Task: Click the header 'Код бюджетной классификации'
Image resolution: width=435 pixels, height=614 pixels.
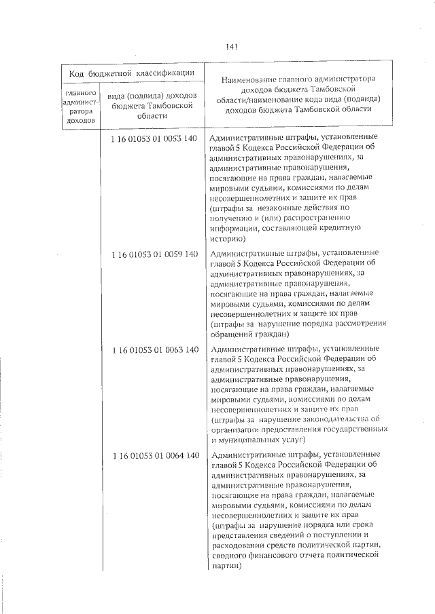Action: pyautogui.click(x=131, y=73)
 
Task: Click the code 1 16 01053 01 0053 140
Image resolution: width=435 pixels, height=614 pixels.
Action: pyautogui.click(x=154, y=138)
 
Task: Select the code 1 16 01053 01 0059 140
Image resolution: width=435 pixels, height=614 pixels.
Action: pyautogui.click(x=154, y=254)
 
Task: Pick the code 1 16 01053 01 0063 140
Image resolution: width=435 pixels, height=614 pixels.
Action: pyautogui.click(x=154, y=349)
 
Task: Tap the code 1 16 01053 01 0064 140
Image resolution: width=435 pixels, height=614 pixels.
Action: pyautogui.click(x=154, y=455)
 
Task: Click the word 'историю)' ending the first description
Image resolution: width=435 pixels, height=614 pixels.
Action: pyautogui.click(x=232, y=239)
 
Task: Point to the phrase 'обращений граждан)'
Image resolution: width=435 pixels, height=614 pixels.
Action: pyautogui.click(x=250, y=334)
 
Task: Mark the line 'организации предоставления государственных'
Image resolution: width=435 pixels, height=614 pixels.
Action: pyautogui.click(x=300, y=429)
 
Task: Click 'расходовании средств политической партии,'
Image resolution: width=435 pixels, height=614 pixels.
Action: pyautogui.click(x=297, y=545)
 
